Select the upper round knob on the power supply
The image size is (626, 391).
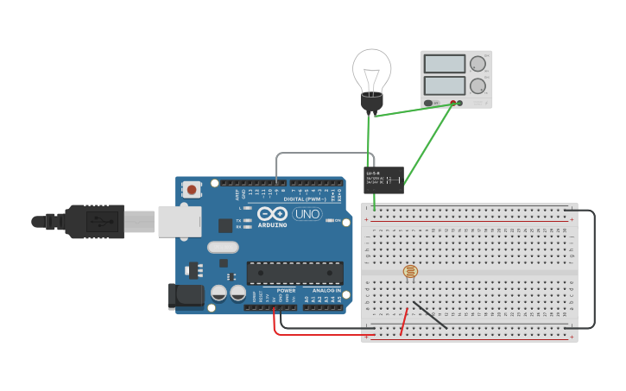tap(477, 64)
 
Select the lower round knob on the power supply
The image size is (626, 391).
tap(477, 86)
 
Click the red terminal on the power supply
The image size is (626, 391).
tap(452, 104)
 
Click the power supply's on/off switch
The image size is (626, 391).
tap(429, 104)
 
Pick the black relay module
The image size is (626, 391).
tap(383, 180)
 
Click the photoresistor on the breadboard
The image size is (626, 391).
tap(410, 272)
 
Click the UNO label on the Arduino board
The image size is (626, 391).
tap(307, 214)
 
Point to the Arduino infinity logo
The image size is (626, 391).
tap(271, 213)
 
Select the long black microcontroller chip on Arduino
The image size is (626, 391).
tap(294, 273)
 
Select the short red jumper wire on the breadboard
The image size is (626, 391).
tap(403, 322)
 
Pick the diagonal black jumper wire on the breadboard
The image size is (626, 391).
tap(430, 315)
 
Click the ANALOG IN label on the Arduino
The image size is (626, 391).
tap(321, 291)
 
